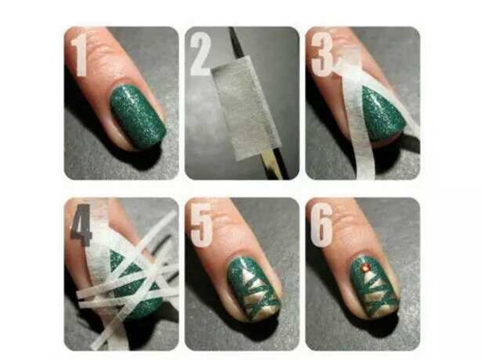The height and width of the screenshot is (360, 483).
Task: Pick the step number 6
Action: [321, 225]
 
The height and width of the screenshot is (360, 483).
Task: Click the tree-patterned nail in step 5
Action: [253, 287]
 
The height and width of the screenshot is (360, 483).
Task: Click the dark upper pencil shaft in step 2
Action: [236, 43]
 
